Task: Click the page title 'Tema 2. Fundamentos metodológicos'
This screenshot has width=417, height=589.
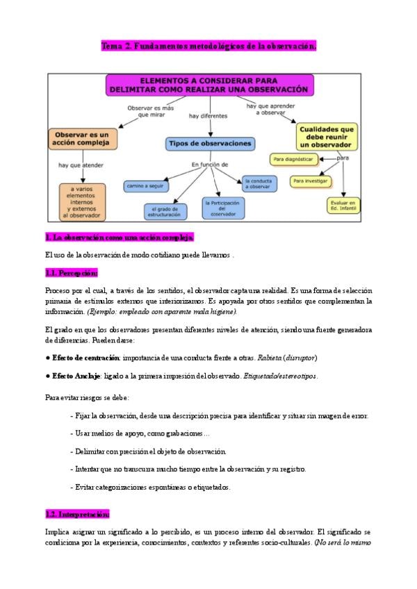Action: click(x=208, y=47)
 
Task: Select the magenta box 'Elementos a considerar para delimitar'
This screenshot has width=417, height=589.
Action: click(x=209, y=85)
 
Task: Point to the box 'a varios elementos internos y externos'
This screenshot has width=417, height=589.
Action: click(x=82, y=201)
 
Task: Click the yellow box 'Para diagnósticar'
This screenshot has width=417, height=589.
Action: click(x=293, y=160)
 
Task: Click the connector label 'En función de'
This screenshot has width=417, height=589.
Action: click(x=210, y=165)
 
